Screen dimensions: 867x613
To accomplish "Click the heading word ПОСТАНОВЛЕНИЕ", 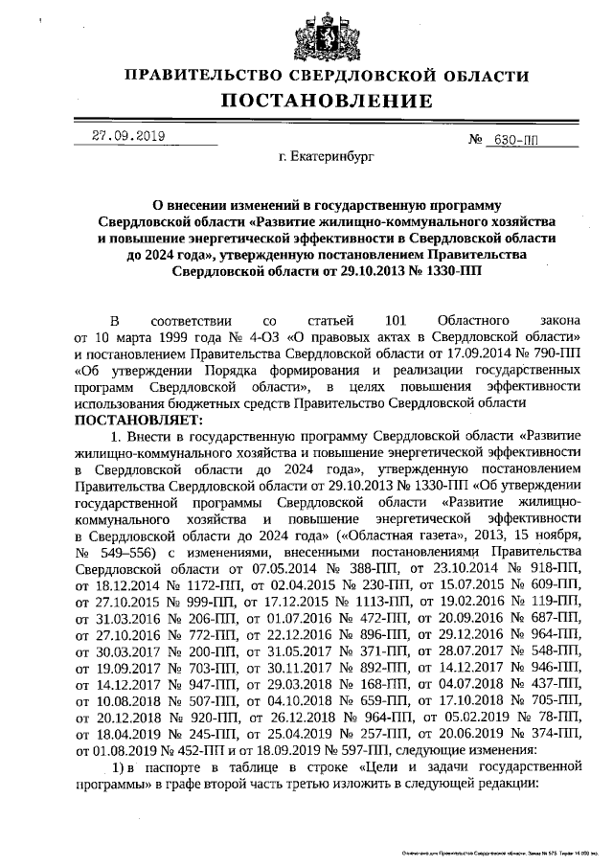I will click(x=315, y=101).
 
